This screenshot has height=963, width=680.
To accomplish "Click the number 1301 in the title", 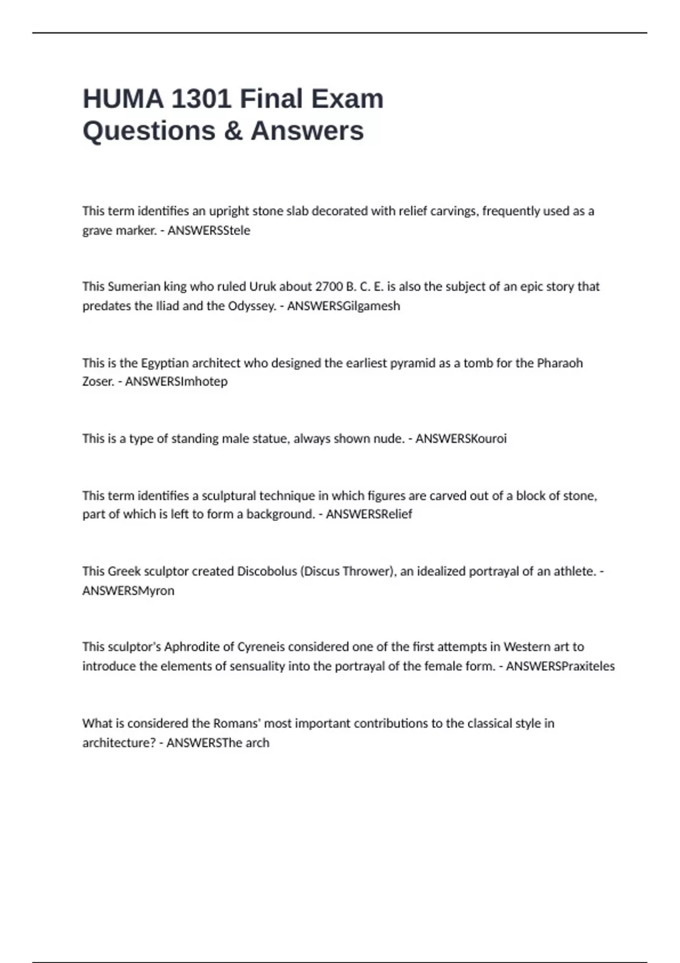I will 201,99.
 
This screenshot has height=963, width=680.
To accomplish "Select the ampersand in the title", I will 233,131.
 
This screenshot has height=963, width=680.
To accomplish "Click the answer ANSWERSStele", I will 209,231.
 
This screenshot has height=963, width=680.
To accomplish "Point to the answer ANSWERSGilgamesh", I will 343,306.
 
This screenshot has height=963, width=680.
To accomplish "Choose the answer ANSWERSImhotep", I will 176,381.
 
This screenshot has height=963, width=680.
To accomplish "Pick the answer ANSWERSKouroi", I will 461,438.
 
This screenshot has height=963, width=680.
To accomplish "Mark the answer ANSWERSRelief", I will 369,514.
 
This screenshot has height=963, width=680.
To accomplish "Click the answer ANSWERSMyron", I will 128,590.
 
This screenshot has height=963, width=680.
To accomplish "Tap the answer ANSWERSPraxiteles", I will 560,666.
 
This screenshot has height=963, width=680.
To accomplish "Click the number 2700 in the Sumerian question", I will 329,287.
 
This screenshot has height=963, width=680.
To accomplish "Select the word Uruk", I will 262,287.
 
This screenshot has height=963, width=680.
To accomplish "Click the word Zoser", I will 98,381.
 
